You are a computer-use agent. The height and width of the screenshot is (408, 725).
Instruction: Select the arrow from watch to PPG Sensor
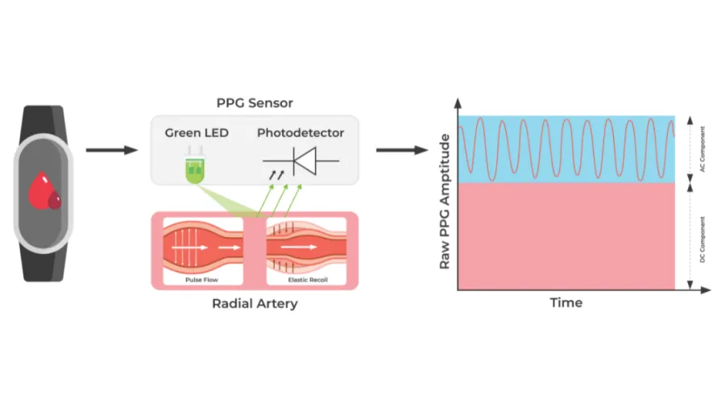point(109,149)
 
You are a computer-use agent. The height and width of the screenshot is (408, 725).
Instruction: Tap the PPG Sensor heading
point(255,103)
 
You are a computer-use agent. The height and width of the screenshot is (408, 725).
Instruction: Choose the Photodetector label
point(300,132)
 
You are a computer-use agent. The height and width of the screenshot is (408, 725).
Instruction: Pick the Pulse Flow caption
point(201,280)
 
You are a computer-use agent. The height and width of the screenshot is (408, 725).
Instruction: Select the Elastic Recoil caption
point(307,280)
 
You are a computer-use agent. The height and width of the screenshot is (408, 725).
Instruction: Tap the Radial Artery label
point(254,304)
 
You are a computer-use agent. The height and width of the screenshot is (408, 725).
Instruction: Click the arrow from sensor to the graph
point(400,149)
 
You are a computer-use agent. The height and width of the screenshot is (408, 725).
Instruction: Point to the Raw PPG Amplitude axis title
point(444,202)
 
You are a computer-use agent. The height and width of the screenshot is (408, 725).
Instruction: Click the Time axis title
point(565,302)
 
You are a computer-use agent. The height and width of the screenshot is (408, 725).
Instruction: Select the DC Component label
point(702,237)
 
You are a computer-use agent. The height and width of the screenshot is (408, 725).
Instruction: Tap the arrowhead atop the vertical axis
point(458,103)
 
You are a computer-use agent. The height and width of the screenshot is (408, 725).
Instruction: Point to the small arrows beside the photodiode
point(275,173)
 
